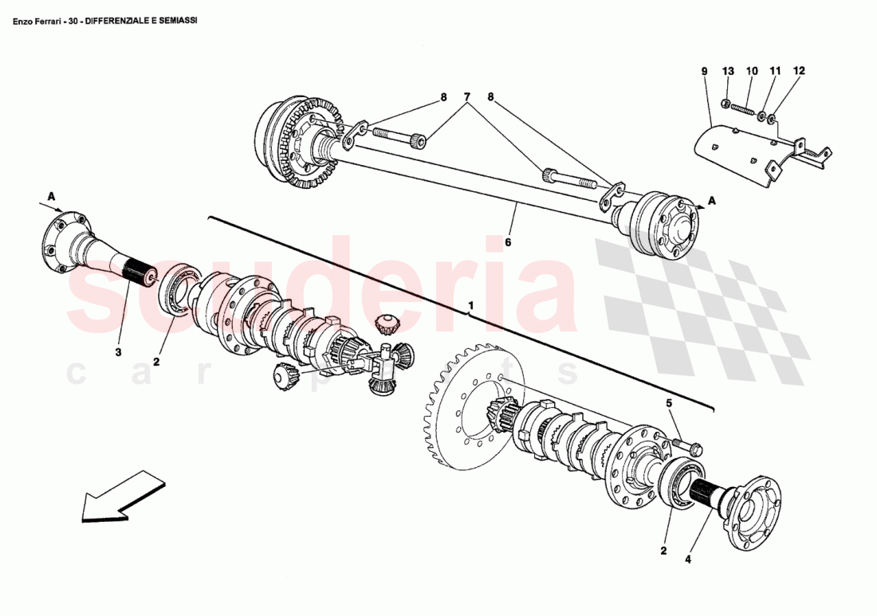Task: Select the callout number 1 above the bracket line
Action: coord(471,305)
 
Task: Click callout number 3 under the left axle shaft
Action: coord(118,351)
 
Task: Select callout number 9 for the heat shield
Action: coord(704,71)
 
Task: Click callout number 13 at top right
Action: coord(727,71)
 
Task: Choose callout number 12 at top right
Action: coord(799,71)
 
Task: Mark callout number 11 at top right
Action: coord(774,71)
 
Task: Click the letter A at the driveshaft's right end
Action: coord(711,201)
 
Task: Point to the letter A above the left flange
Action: coord(51,195)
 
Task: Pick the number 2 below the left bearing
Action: coord(157,362)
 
